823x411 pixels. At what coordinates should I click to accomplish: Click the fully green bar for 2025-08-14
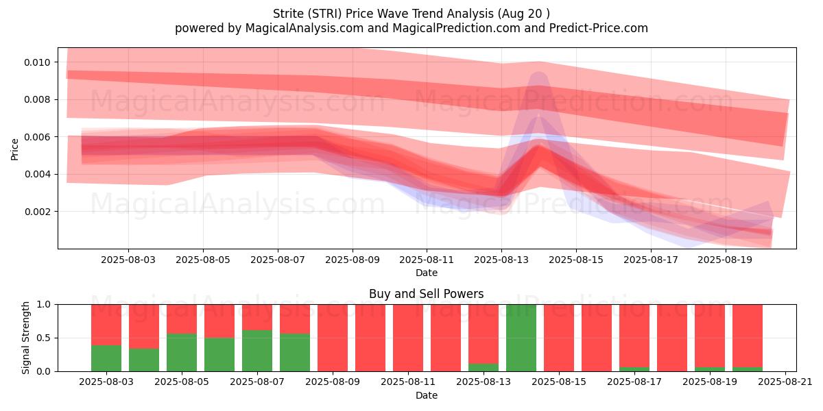point(521,338)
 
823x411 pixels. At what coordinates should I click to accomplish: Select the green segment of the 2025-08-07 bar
point(257,351)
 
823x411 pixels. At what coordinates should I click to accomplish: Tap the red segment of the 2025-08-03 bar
point(106,325)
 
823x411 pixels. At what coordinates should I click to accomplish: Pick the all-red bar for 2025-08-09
point(333,338)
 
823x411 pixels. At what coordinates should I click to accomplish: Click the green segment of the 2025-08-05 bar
point(182,352)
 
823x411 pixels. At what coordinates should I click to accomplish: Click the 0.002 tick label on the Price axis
point(37,212)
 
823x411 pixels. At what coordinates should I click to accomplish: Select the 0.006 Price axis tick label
point(37,137)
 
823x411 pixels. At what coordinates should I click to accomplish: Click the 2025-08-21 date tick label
point(785,382)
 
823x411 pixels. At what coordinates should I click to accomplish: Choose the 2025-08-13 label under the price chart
point(501,260)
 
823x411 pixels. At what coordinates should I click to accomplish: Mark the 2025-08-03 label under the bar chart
point(106,382)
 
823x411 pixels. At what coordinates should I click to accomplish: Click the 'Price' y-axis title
point(14,149)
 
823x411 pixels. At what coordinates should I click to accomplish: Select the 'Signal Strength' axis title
point(25,338)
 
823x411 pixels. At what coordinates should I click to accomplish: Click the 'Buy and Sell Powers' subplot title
point(426,294)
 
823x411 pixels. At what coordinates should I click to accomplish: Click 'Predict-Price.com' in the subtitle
point(599,28)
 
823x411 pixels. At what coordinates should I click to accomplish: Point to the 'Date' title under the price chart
point(427,273)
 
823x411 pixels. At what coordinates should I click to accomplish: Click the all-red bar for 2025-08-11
point(408,338)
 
